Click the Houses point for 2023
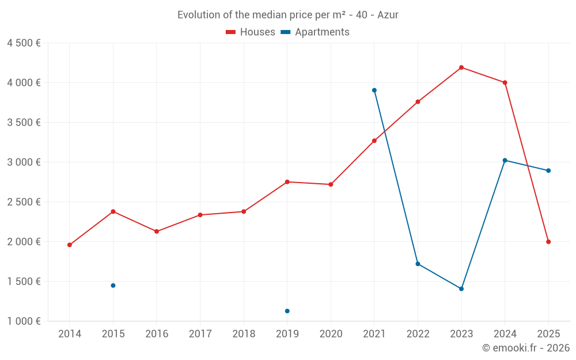click(461, 67)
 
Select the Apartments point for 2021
click(374, 90)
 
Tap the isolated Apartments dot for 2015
click(113, 286)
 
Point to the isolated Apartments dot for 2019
click(287, 311)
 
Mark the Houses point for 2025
click(548, 242)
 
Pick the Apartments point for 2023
click(461, 289)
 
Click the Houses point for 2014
click(70, 245)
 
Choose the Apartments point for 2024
click(505, 160)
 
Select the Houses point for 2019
click(287, 182)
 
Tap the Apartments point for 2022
click(418, 264)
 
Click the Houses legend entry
click(251, 32)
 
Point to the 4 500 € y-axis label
click(24, 43)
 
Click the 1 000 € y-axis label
click(24, 321)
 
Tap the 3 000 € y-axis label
click(24, 162)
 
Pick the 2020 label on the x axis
click(331, 334)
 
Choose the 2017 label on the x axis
click(200, 334)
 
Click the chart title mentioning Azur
click(288, 15)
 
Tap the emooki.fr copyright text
click(526, 348)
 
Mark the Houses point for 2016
click(157, 232)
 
